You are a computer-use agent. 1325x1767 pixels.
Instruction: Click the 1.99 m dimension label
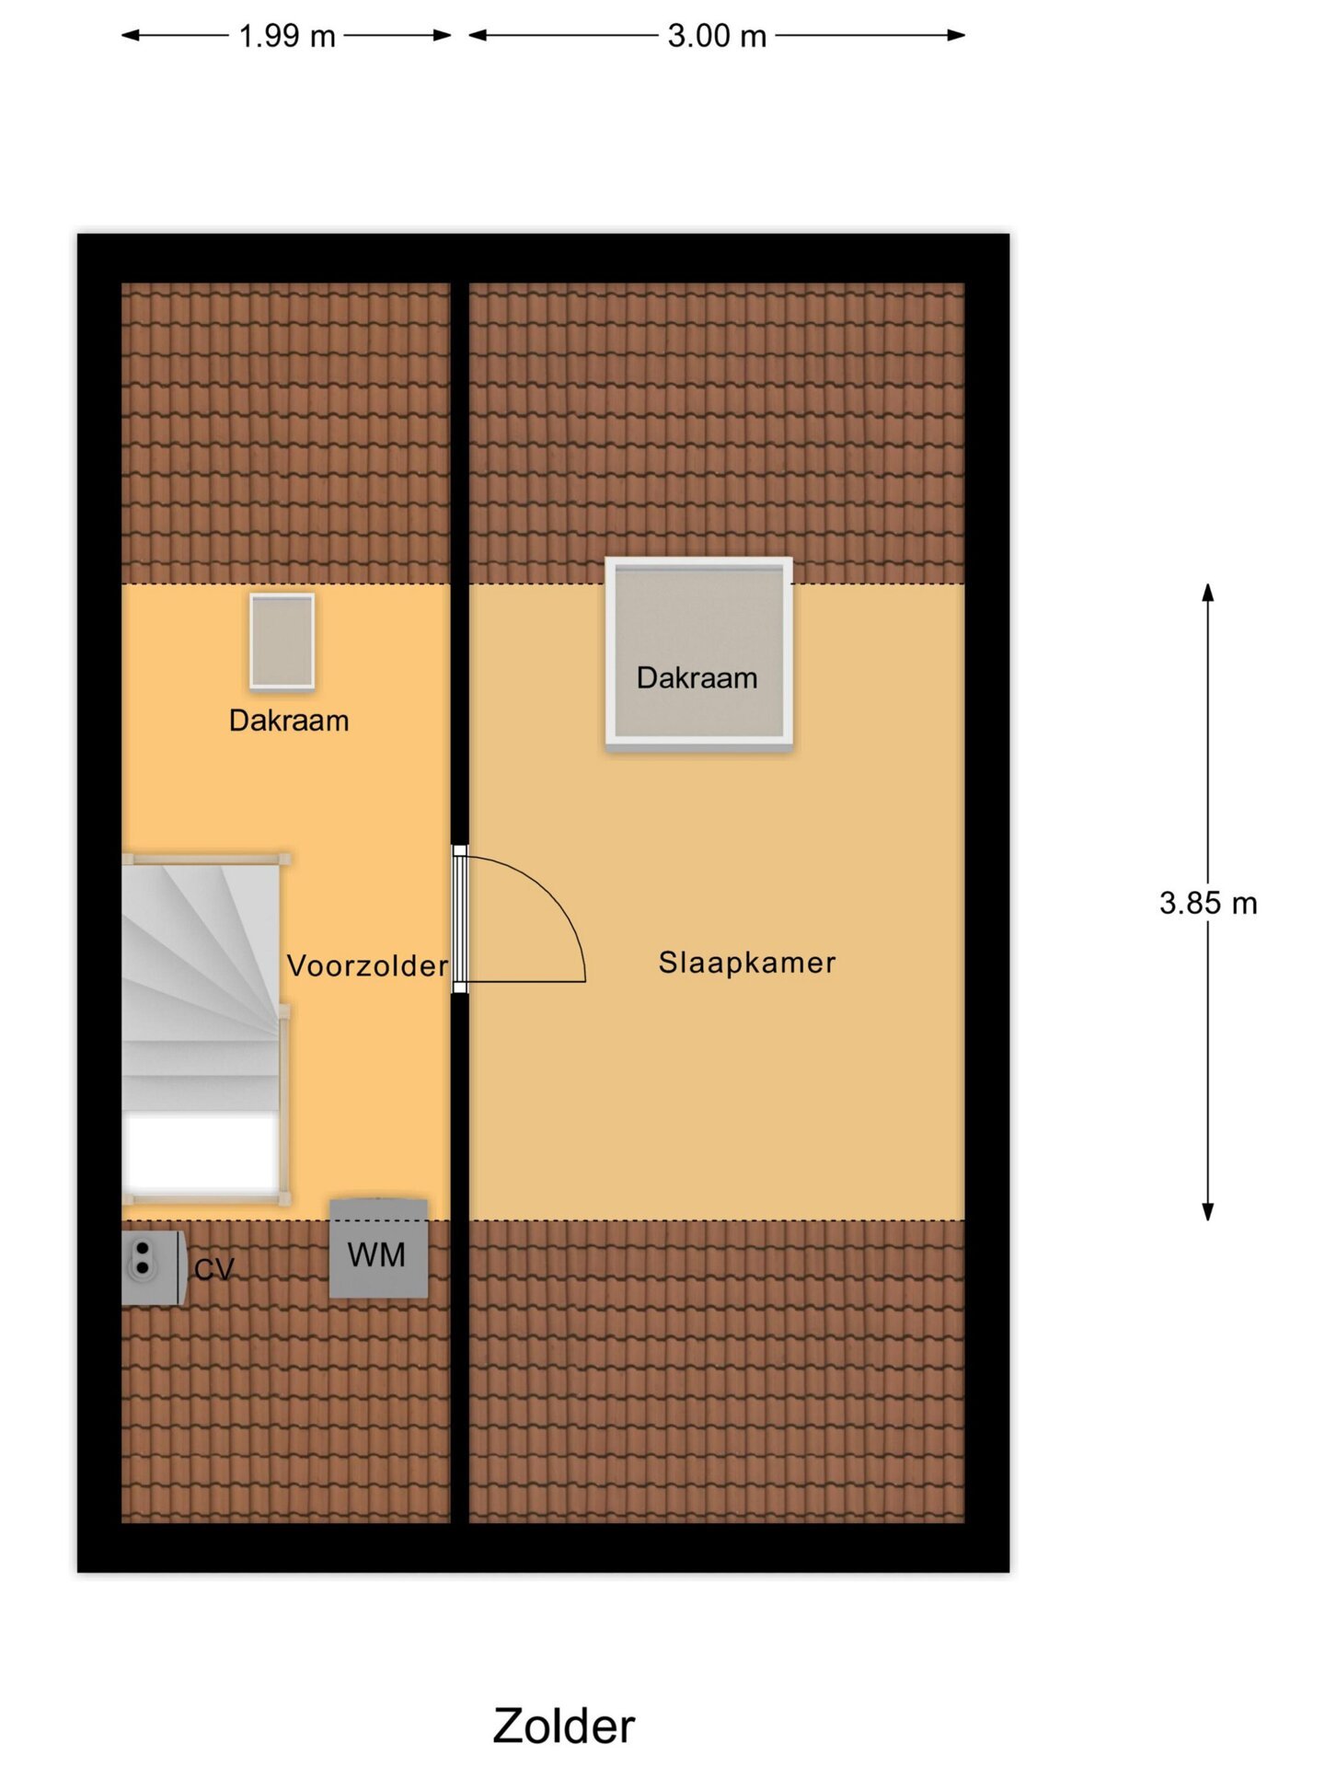pos(287,36)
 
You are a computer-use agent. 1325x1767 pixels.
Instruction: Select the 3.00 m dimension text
pos(717,36)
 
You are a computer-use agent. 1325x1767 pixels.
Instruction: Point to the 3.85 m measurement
pos(1208,903)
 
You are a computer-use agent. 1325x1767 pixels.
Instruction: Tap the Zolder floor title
pos(563,1726)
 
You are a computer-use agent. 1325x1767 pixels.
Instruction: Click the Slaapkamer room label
pos(747,963)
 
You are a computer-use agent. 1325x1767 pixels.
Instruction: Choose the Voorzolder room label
pos(367,965)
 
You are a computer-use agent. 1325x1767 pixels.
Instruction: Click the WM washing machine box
pos(378,1248)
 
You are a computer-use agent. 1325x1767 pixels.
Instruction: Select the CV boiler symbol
pos(153,1267)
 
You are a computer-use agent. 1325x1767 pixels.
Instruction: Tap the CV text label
pos(214,1270)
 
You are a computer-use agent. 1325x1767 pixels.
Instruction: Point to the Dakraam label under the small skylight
pos(289,721)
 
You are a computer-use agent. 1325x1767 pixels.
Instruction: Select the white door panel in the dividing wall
pos(460,918)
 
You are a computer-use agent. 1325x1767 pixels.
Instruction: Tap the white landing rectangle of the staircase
pos(202,1152)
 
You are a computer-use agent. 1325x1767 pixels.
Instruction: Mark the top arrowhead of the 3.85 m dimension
pos(1208,593)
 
